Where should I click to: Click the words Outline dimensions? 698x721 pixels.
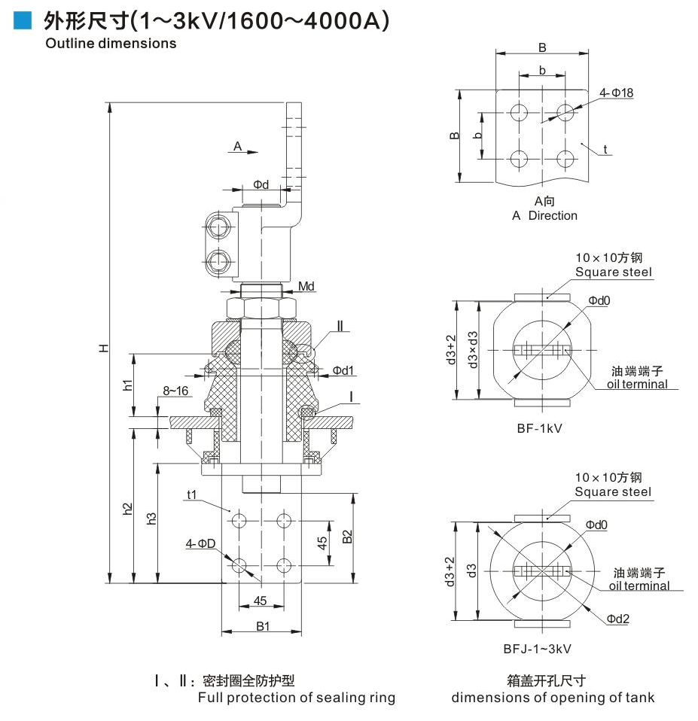coord(111,43)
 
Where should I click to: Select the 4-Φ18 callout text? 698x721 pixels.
coord(617,93)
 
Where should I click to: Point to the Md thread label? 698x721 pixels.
coord(306,287)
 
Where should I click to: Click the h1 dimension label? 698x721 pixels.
coord(129,384)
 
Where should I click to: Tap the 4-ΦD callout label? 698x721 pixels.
coord(201,543)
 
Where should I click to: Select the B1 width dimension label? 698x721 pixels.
coord(261,625)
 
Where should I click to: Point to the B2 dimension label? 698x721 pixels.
coord(347,537)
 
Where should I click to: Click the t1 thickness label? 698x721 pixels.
coord(191,494)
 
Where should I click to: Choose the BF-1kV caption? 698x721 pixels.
coord(540,427)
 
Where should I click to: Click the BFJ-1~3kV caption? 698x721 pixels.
coord(538,647)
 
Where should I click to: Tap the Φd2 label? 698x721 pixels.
coord(619,619)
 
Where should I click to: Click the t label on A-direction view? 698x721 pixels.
coord(605,149)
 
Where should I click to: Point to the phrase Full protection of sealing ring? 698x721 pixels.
coord(296,698)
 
